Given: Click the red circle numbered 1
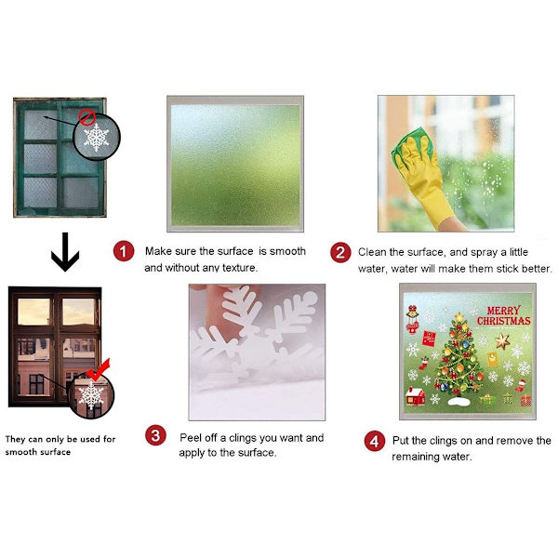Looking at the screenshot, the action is (x=124, y=251).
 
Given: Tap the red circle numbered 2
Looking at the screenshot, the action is (x=340, y=252).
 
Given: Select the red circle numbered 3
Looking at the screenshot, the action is (x=155, y=435).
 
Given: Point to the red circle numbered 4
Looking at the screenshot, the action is (x=375, y=441).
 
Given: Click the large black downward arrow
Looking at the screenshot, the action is (x=65, y=252).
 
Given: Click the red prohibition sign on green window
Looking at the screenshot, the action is (x=86, y=117).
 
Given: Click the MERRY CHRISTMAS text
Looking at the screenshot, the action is (x=503, y=315).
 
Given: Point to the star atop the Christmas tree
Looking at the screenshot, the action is (x=459, y=316).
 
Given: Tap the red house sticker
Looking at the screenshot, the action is (x=416, y=396).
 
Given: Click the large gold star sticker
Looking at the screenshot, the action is (x=502, y=341).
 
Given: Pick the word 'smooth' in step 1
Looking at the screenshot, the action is (x=287, y=251).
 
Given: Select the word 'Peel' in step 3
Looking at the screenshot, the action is (x=191, y=437).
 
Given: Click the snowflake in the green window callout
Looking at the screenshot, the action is (x=96, y=138).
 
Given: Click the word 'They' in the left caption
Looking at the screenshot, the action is (x=15, y=439).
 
